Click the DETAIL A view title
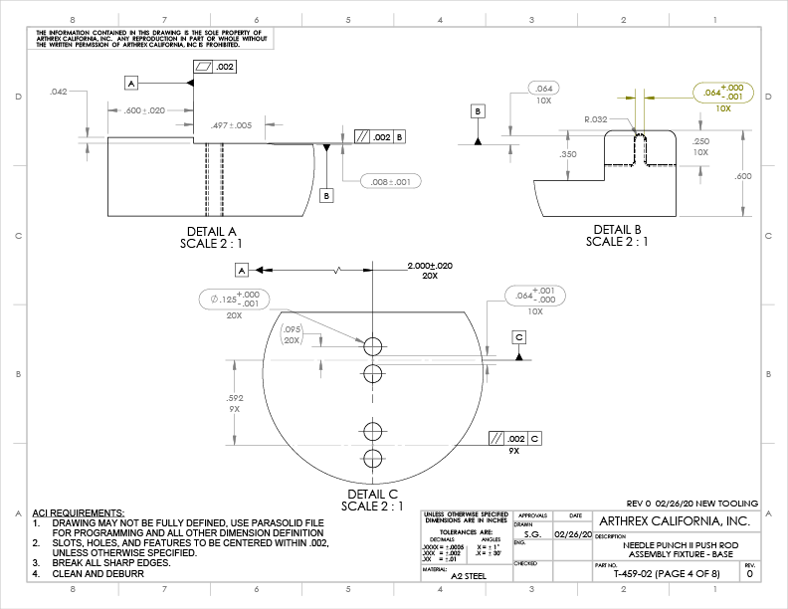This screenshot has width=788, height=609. (211, 231)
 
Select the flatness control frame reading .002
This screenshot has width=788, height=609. (215, 67)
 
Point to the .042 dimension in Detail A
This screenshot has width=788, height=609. (59, 92)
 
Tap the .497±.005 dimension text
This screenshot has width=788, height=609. (232, 125)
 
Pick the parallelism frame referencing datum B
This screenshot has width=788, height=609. (379, 136)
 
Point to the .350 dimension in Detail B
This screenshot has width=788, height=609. (568, 154)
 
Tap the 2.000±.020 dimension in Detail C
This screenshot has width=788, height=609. (430, 266)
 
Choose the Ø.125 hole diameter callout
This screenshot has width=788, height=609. (234, 300)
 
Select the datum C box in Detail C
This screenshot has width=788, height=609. (519, 337)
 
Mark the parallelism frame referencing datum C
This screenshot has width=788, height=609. (514, 438)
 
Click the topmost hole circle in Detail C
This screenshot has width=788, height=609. (373, 346)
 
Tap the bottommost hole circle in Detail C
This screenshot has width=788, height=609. (373, 459)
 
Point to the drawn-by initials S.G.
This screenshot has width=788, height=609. (532, 534)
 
